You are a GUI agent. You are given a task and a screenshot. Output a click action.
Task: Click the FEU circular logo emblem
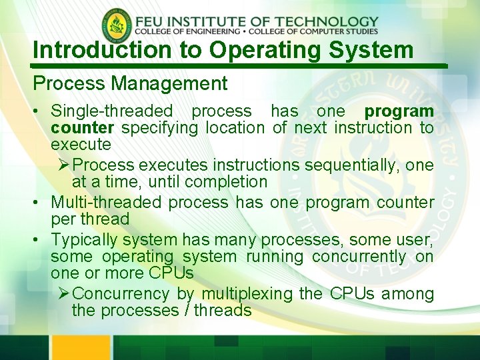(x=117, y=26)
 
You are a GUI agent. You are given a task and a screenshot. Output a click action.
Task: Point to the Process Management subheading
(x=130, y=84)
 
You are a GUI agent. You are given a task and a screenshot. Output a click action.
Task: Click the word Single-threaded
(x=111, y=111)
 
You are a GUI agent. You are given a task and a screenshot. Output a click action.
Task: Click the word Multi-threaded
(x=106, y=203)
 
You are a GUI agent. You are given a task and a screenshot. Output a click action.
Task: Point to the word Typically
(x=90, y=240)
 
